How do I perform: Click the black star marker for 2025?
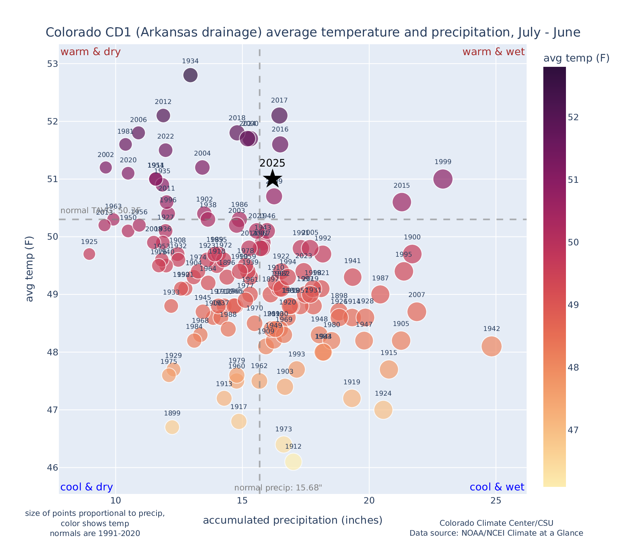point(272,179)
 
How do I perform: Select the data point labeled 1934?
point(190,75)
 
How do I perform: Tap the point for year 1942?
point(491,346)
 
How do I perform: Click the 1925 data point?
point(89,254)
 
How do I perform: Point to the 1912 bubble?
point(293,461)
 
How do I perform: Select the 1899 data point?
point(172,427)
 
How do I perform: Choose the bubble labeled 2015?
point(401,202)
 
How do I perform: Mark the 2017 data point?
point(279,115)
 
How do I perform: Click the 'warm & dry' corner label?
point(90,52)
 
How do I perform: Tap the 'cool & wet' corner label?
point(497,487)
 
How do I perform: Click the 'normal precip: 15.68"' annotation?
point(278,488)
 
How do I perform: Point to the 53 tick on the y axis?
point(52,64)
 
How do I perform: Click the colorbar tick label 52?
point(574,117)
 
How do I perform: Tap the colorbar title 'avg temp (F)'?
point(576,58)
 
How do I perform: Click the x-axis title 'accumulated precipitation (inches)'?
point(293,520)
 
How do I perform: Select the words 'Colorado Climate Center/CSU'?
point(496,523)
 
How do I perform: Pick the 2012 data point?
point(163,115)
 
